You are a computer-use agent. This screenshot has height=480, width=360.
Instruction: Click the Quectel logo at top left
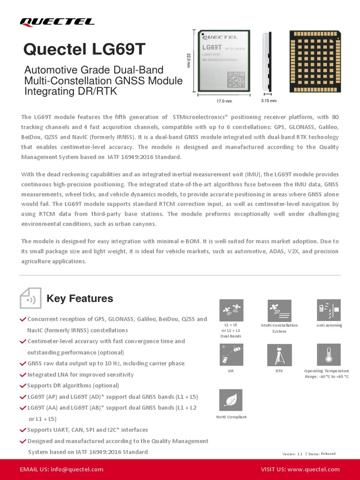pos(57,22)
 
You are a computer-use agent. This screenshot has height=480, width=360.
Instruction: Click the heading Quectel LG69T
pos(84,49)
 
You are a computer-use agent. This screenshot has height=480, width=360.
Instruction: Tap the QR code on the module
pos(236,80)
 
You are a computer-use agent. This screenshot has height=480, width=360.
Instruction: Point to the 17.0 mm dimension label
pos(224,101)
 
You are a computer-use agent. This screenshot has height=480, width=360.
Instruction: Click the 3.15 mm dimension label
pos(269,101)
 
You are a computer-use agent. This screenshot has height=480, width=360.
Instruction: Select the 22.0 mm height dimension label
pos(189,60)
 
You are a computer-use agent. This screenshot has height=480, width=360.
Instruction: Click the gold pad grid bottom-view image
pos(317,60)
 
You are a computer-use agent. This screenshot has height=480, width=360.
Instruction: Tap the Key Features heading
pos(80,299)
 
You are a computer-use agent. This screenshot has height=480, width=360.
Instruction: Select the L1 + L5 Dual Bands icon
pos(231,310)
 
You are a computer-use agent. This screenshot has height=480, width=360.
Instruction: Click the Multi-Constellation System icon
pos(279,310)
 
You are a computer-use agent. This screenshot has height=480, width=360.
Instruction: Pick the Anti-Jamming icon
pos(329,310)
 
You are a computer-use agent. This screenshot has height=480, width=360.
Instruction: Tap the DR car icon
pos(231,355)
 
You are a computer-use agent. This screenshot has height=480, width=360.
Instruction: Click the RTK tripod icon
pos(279,355)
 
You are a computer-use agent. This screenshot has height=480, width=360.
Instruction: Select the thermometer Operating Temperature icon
pos(329,355)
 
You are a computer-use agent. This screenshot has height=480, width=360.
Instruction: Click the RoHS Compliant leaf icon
pos(231,400)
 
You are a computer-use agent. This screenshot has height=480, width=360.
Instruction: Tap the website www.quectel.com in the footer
pos(314,469)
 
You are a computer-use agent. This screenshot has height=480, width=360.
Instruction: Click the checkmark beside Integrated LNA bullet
pos(23,375)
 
